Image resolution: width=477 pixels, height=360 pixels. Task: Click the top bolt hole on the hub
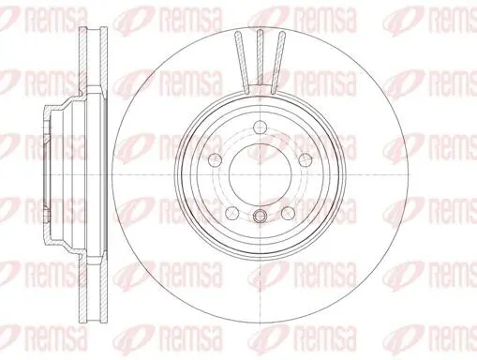[x=261, y=127]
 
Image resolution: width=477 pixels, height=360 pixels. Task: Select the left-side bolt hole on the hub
[x=216, y=159]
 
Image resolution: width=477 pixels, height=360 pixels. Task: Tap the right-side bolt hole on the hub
[x=306, y=160]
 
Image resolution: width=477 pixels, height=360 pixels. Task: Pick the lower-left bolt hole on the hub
[x=232, y=213]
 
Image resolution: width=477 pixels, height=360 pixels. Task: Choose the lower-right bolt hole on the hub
[x=288, y=213]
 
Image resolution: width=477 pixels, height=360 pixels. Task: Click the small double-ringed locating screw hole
[x=260, y=216]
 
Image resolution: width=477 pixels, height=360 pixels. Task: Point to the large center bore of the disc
[x=261, y=175]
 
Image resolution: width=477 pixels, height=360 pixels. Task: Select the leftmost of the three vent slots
[x=242, y=63]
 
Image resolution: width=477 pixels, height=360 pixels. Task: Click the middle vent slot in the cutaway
[x=261, y=57]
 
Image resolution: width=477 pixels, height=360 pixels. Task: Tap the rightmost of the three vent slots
[x=278, y=63]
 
